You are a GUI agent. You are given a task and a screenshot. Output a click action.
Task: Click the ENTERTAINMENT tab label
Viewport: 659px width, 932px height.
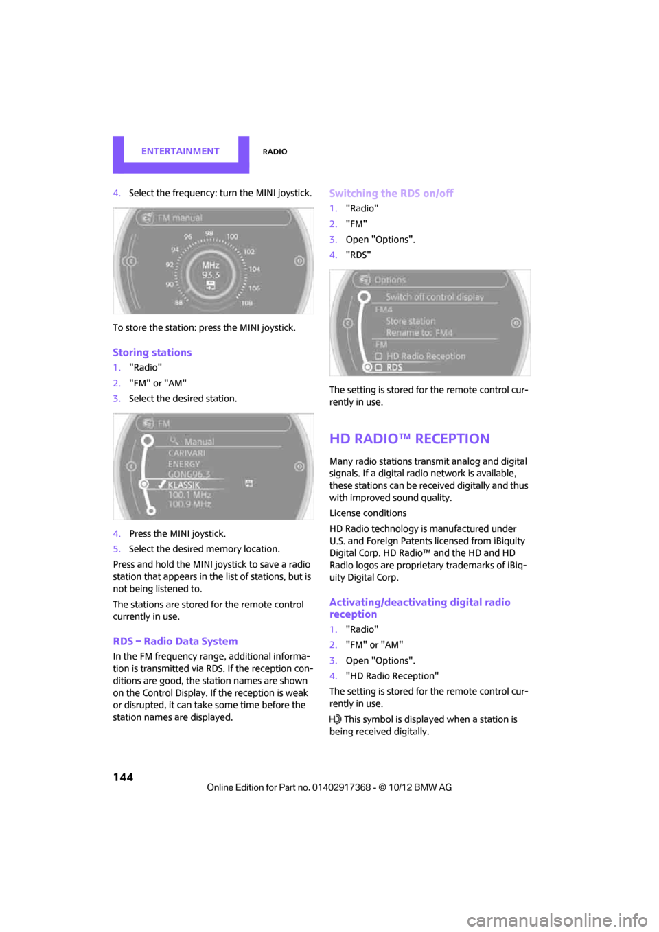point(180,151)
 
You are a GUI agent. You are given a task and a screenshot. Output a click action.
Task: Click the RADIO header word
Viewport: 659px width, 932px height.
point(275,152)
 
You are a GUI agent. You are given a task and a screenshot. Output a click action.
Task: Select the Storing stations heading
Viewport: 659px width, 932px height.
point(152,352)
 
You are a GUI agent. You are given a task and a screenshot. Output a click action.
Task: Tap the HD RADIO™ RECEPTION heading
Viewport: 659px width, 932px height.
point(409,439)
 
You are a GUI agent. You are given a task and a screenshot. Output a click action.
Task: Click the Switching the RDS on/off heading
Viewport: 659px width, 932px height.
point(391,194)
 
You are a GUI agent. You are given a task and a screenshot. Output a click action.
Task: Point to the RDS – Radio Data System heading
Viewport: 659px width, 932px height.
point(175,641)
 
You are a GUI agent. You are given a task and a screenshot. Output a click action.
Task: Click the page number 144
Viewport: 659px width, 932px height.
point(123,777)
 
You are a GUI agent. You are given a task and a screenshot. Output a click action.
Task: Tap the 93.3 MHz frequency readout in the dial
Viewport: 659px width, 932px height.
point(211,270)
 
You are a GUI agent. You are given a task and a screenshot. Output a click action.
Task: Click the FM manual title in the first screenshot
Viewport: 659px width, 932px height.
point(180,218)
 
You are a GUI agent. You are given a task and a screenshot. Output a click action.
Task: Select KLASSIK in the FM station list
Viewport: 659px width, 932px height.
point(184,485)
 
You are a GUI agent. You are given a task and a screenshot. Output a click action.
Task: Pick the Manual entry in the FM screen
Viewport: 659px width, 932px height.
point(199,441)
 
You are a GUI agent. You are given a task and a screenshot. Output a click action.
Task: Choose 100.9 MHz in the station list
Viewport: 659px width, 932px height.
point(189,504)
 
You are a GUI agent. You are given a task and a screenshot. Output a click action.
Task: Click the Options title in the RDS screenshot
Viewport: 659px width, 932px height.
point(390,280)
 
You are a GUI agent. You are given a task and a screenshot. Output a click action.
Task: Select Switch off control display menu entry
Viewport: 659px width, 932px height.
point(435,297)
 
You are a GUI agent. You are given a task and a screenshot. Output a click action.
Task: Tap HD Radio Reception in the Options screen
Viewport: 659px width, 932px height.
point(426,356)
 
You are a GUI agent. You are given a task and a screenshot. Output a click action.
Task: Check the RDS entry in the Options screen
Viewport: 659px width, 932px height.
point(394,368)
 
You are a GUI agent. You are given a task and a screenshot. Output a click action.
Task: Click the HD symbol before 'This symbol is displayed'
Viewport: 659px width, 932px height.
point(335,719)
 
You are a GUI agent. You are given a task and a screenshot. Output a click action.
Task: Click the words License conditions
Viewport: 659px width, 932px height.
point(368,513)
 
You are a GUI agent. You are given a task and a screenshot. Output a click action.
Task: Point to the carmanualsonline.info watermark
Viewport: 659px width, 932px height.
point(557,920)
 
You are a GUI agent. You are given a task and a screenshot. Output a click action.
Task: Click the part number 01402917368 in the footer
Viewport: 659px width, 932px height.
point(341,787)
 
